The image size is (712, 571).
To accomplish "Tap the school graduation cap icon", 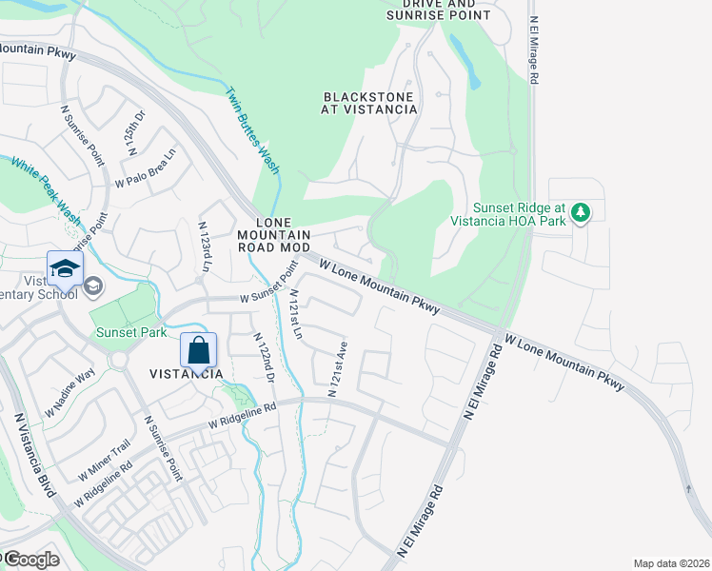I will click(65, 269).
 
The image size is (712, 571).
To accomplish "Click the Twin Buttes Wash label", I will click(252, 130).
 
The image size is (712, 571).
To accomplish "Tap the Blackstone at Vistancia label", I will click(370, 103).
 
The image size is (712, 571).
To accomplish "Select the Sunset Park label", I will click(131, 333).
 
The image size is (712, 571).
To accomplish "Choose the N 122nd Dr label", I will click(264, 358).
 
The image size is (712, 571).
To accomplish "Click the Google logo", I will click(30, 560).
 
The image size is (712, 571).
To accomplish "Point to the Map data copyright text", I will click(671, 563).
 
